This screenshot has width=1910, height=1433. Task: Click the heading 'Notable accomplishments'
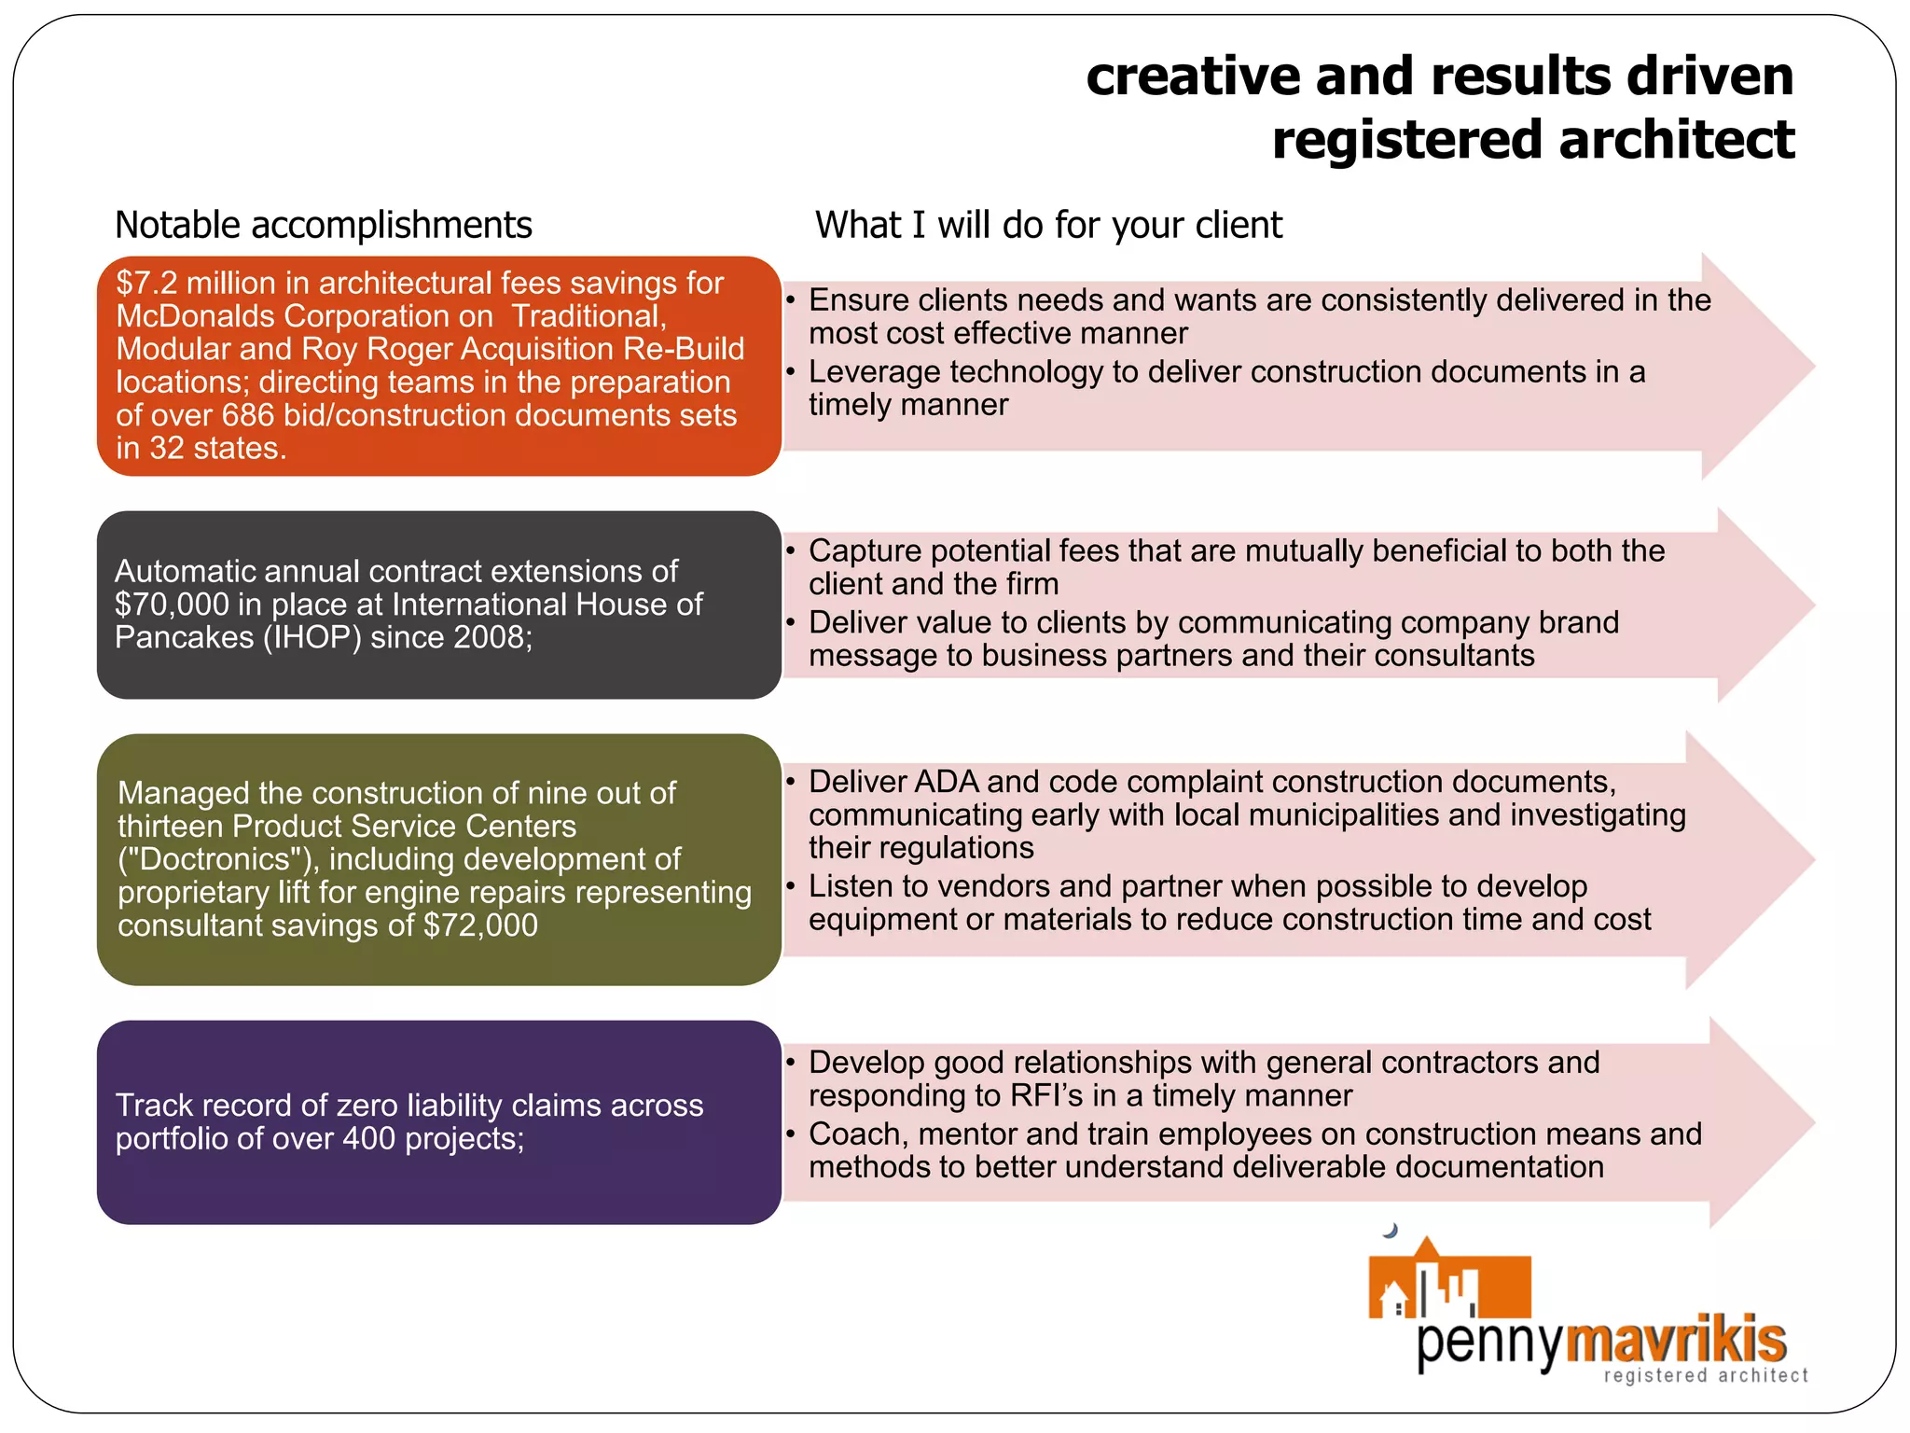pyautogui.click(x=323, y=226)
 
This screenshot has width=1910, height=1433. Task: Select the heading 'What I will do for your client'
pyautogui.click(x=1048, y=226)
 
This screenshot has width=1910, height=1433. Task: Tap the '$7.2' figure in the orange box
pyautogui.click(x=145, y=284)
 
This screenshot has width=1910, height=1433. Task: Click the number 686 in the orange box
pyautogui.click(x=247, y=415)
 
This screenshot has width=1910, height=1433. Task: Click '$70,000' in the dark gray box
pyautogui.click(x=172, y=605)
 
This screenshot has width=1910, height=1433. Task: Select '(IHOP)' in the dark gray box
pyautogui.click(x=311, y=637)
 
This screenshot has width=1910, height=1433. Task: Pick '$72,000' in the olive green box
pyautogui.click(x=480, y=925)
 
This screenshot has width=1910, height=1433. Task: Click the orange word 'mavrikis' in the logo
pyautogui.click(x=1675, y=1340)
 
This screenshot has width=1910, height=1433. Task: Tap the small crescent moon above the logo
pyautogui.click(x=1391, y=1231)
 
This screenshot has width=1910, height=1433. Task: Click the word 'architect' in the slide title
pyautogui.click(x=1676, y=140)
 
